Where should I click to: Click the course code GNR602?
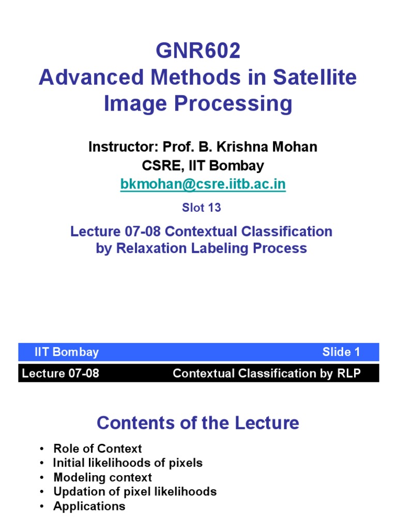pyautogui.click(x=198, y=52)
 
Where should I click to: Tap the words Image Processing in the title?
pyautogui.click(x=198, y=104)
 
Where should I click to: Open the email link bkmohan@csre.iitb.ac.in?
pyautogui.click(x=203, y=184)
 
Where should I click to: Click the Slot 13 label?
pyautogui.click(x=201, y=208)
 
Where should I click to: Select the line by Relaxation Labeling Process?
pyautogui.click(x=201, y=248)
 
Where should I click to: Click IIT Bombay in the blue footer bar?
pyautogui.click(x=66, y=352)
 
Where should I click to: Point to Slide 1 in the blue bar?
pyautogui.click(x=341, y=352)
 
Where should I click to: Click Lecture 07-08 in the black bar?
pyautogui.click(x=60, y=373)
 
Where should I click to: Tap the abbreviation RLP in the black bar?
pyautogui.click(x=348, y=373)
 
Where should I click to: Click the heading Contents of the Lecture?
pyautogui.click(x=198, y=423)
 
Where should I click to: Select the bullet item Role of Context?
pyautogui.click(x=97, y=448)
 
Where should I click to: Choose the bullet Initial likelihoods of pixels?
pyautogui.click(x=128, y=463)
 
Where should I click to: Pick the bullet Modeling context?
pyautogui.click(x=102, y=477)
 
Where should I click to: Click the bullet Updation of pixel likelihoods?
pyautogui.click(x=134, y=492)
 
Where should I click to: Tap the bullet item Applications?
pyautogui.click(x=89, y=506)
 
